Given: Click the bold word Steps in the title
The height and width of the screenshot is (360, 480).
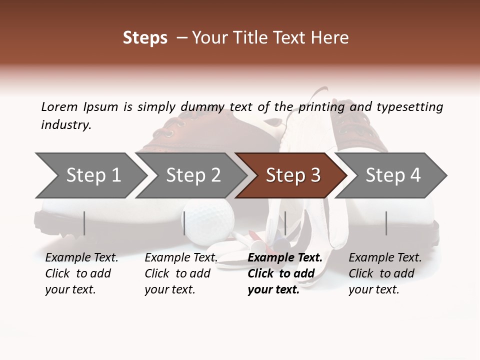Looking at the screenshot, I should [145, 38].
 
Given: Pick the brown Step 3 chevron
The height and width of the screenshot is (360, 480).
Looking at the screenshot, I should [293, 175].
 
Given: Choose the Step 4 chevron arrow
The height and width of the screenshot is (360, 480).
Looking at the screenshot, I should [393, 175].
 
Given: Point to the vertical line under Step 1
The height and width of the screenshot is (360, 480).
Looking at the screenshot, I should [84, 223].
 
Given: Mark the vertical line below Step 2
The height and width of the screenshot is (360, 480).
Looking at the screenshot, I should [184, 223].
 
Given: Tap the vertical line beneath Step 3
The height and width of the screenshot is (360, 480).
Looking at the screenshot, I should [285, 223].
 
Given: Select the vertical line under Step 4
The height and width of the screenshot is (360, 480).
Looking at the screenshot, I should [386, 223].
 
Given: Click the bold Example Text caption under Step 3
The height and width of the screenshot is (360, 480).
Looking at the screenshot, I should [285, 273].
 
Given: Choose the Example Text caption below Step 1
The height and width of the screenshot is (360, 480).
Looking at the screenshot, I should [81, 273].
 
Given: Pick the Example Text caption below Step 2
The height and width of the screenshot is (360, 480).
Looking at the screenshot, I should [181, 273].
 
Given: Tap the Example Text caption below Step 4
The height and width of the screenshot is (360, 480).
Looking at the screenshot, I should [385, 273].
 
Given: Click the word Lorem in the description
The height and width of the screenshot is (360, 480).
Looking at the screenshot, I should [59, 106].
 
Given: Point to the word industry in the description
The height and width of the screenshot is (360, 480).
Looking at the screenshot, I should [66, 125].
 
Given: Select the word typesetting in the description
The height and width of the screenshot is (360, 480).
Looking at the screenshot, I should [409, 107].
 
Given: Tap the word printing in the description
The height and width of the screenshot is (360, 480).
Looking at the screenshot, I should [321, 107].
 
